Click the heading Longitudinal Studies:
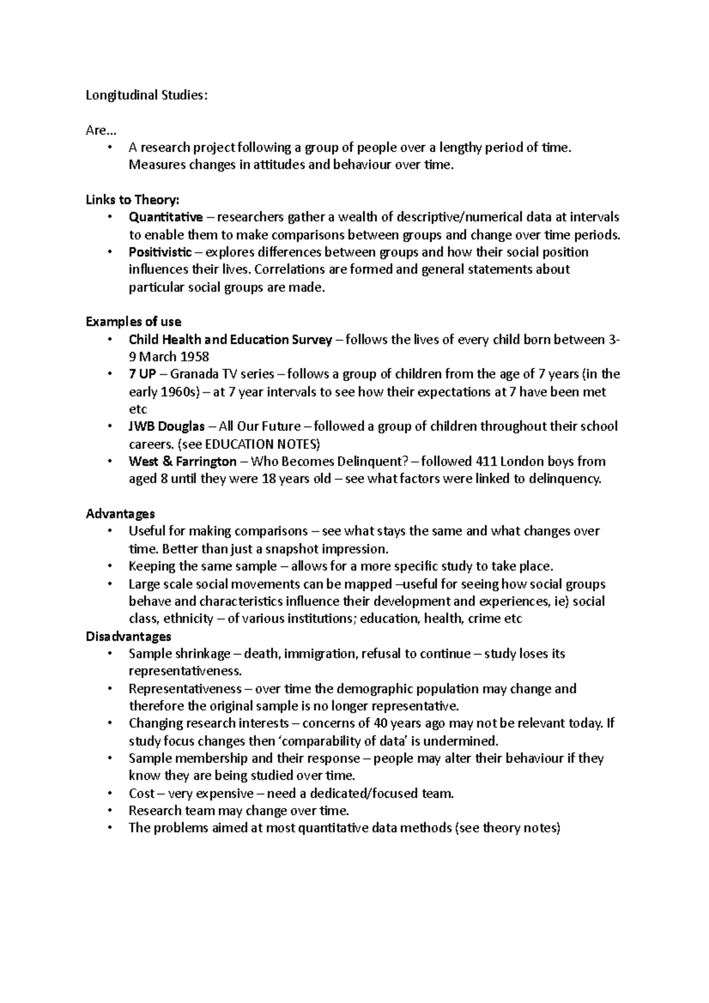click(147, 95)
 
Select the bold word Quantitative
click(165, 217)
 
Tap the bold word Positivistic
click(160, 252)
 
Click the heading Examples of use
click(134, 322)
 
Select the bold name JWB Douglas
click(167, 426)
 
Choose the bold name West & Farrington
click(183, 461)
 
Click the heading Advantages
click(121, 513)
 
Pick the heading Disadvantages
click(129, 636)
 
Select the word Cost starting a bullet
click(142, 793)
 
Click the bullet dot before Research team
click(109, 810)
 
